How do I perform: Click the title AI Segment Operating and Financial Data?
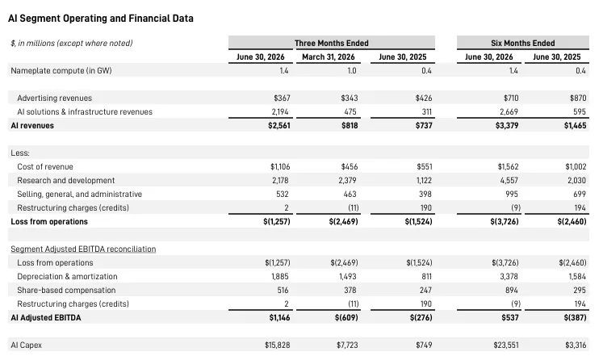coord(101,19)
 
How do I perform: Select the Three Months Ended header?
coord(332,43)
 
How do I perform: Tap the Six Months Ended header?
coord(522,43)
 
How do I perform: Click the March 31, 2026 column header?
coord(329,57)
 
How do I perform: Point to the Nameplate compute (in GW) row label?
coord(61,71)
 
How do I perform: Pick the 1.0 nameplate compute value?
coord(351,71)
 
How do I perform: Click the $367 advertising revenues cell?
coord(282,98)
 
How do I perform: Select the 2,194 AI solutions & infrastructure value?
coord(280,112)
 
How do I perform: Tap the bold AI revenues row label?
coord(32,126)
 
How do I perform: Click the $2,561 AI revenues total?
coord(279,126)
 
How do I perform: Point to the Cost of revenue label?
coord(45,167)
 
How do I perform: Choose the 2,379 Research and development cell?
coord(347,180)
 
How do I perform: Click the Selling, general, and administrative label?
coord(80,195)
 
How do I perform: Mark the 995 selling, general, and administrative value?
coord(512,195)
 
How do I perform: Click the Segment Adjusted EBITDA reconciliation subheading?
coord(83,249)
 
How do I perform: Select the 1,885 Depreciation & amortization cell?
coord(280,277)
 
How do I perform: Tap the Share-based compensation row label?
coord(66,291)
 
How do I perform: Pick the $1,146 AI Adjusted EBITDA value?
coord(279,318)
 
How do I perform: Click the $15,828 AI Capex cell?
coord(277,345)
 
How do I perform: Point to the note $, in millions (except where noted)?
coord(72,43)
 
